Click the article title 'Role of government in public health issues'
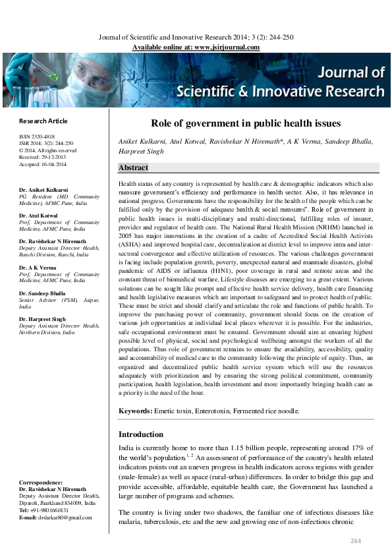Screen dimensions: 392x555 click(246, 123)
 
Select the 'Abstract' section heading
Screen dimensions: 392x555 click(133, 168)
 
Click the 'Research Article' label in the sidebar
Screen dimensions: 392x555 click(43, 121)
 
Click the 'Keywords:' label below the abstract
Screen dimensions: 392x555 click(135, 411)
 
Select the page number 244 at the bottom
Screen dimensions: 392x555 click(356, 541)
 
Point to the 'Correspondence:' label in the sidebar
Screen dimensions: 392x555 click(41, 482)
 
